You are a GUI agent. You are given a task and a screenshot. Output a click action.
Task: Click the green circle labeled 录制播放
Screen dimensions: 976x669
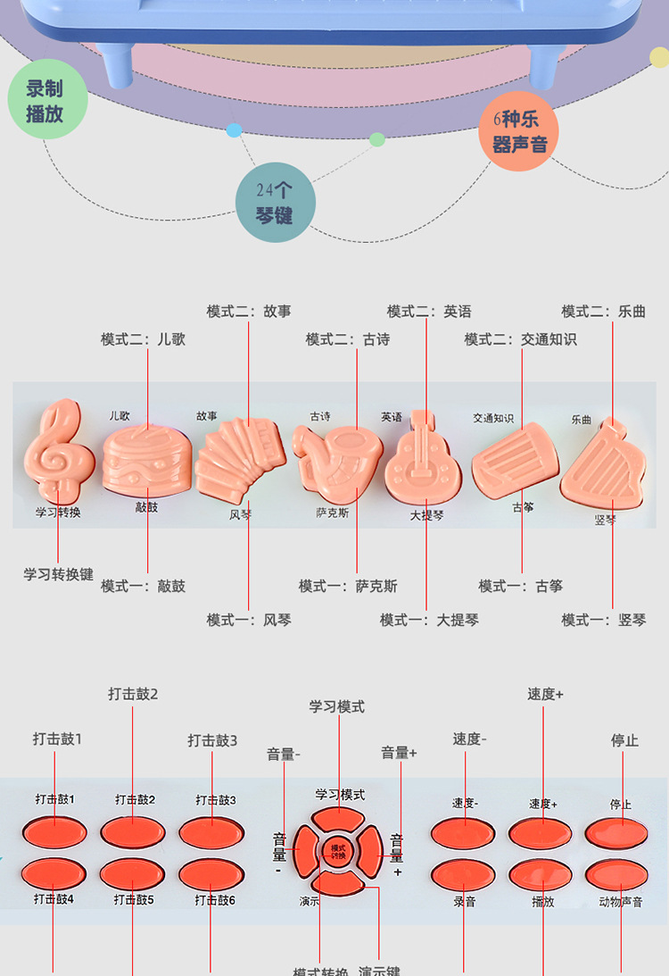[x=45, y=101]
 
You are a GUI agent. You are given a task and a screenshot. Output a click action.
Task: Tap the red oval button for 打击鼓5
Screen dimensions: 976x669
[x=133, y=873]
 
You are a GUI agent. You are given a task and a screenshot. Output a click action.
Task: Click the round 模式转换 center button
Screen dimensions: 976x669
[x=339, y=852]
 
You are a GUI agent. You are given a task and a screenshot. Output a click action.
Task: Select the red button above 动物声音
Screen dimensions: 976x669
[x=617, y=875]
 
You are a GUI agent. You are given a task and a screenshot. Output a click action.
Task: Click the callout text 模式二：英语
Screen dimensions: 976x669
[x=429, y=312]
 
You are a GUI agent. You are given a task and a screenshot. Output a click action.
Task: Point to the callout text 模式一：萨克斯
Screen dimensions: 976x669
[x=348, y=586]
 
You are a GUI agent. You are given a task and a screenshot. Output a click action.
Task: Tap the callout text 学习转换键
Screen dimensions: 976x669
[x=58, y=573]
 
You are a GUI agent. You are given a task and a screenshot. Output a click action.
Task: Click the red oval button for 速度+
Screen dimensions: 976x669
[x=541, y=832]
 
